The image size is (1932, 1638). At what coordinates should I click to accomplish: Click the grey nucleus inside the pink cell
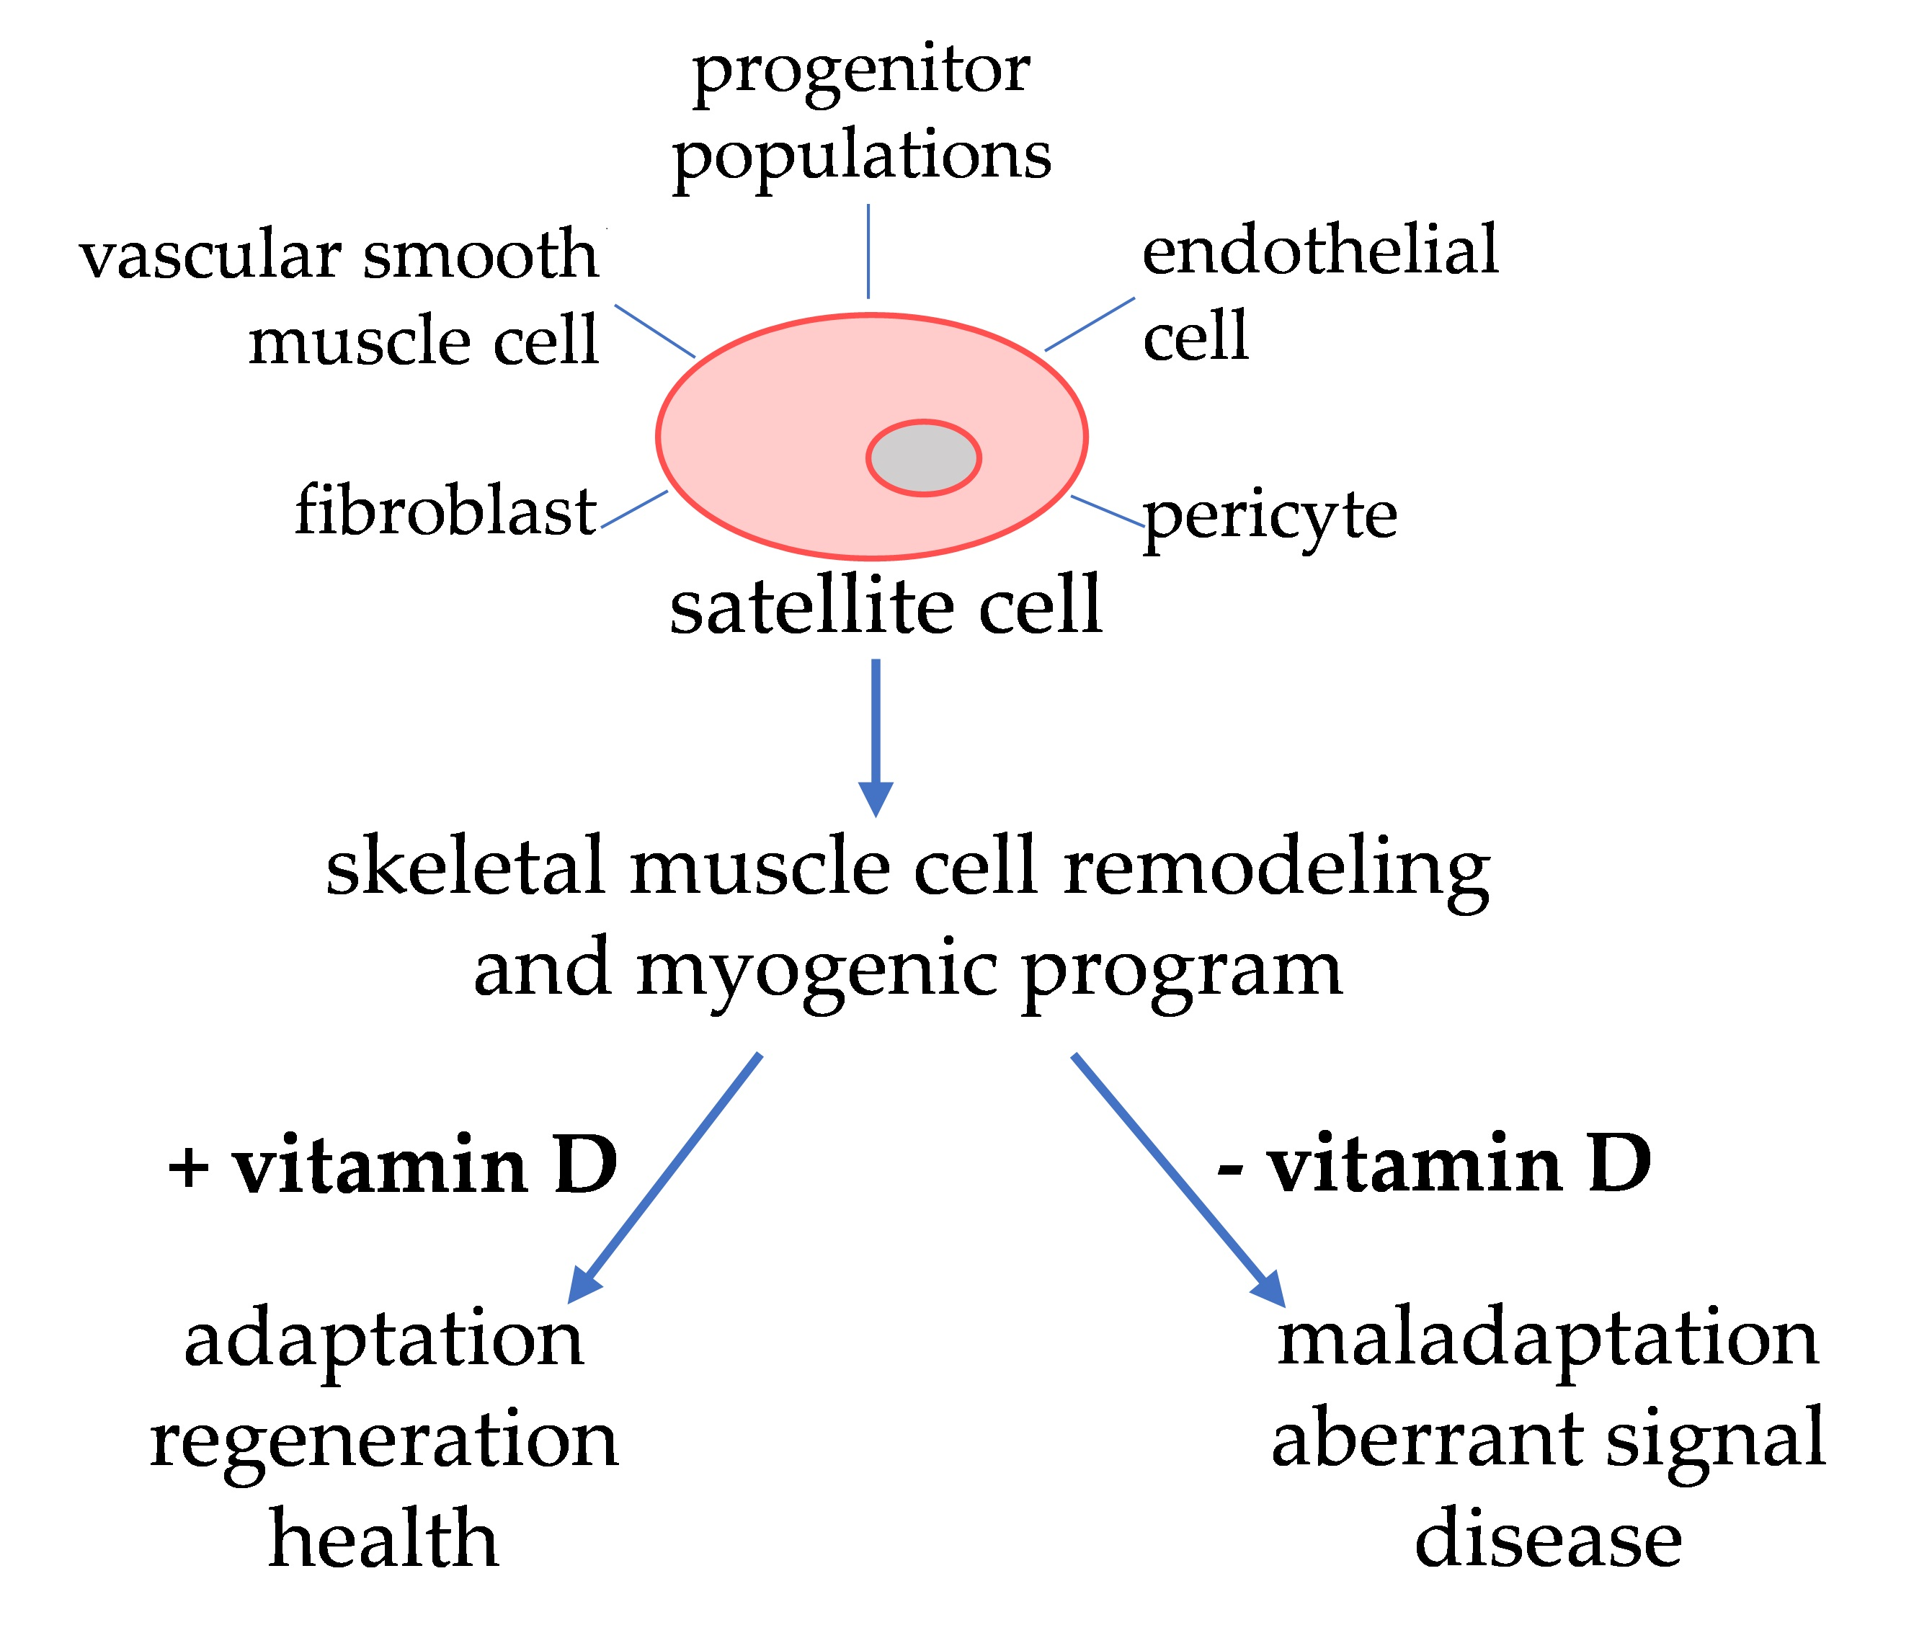coord(923,458)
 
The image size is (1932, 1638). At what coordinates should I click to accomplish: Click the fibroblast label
coord(445,511)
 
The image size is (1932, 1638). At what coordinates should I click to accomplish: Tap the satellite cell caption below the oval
coord(885,605)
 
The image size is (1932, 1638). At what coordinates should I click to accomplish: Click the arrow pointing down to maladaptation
coord(1178,1179)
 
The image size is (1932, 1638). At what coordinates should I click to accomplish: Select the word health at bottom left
coord(383,1539)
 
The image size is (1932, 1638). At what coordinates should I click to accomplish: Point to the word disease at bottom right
coord(1548,1539)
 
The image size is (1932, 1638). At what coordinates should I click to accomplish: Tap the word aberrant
coord(1425,1438)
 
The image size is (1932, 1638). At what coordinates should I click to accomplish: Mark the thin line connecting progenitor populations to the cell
coord(868,252)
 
